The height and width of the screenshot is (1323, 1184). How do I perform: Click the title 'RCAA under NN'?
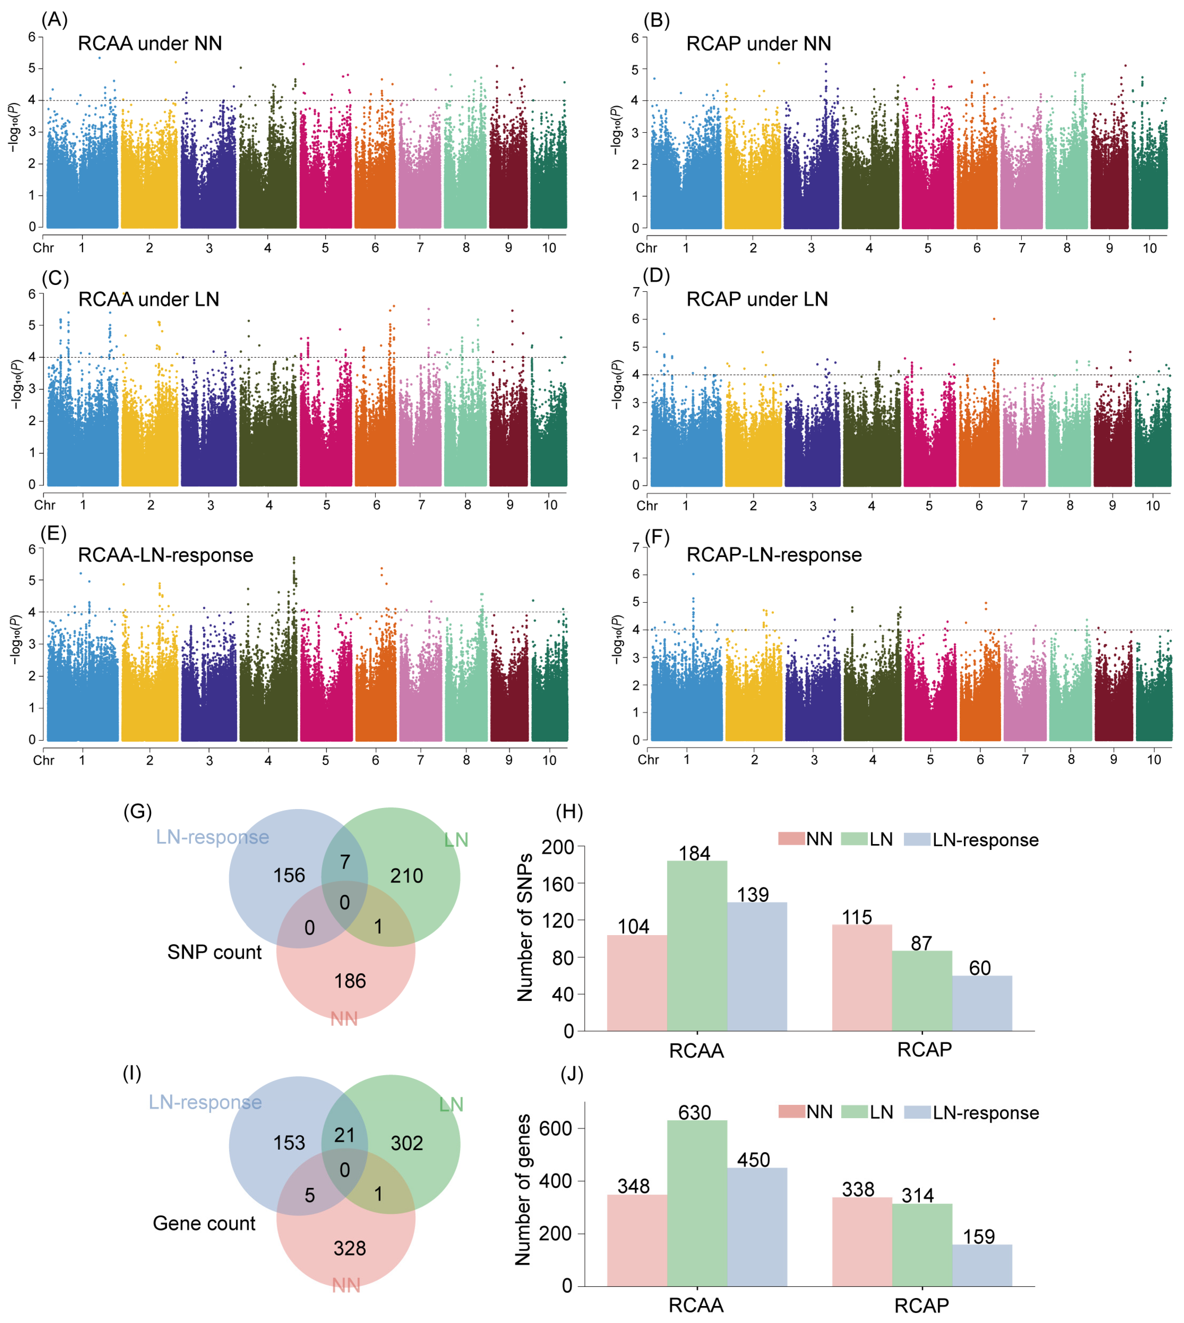pyautogui.click(x=150, y=44)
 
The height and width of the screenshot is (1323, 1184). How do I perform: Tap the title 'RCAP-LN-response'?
pyautogui.click(x=774, y=555)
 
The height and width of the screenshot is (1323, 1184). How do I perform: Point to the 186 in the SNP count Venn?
pyautogui.click(x=350, y=981)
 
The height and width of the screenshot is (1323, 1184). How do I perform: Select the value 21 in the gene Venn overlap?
pyautogui.click(x=345, y=1135)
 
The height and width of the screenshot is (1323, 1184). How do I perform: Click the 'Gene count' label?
pyautogui.click(x=204, y=1223)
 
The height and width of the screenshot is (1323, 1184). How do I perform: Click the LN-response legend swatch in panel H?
pyautogui.click(x=917, y=839)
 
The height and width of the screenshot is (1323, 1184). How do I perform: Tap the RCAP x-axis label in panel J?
pyautogui.click(x=921, y=1305)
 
